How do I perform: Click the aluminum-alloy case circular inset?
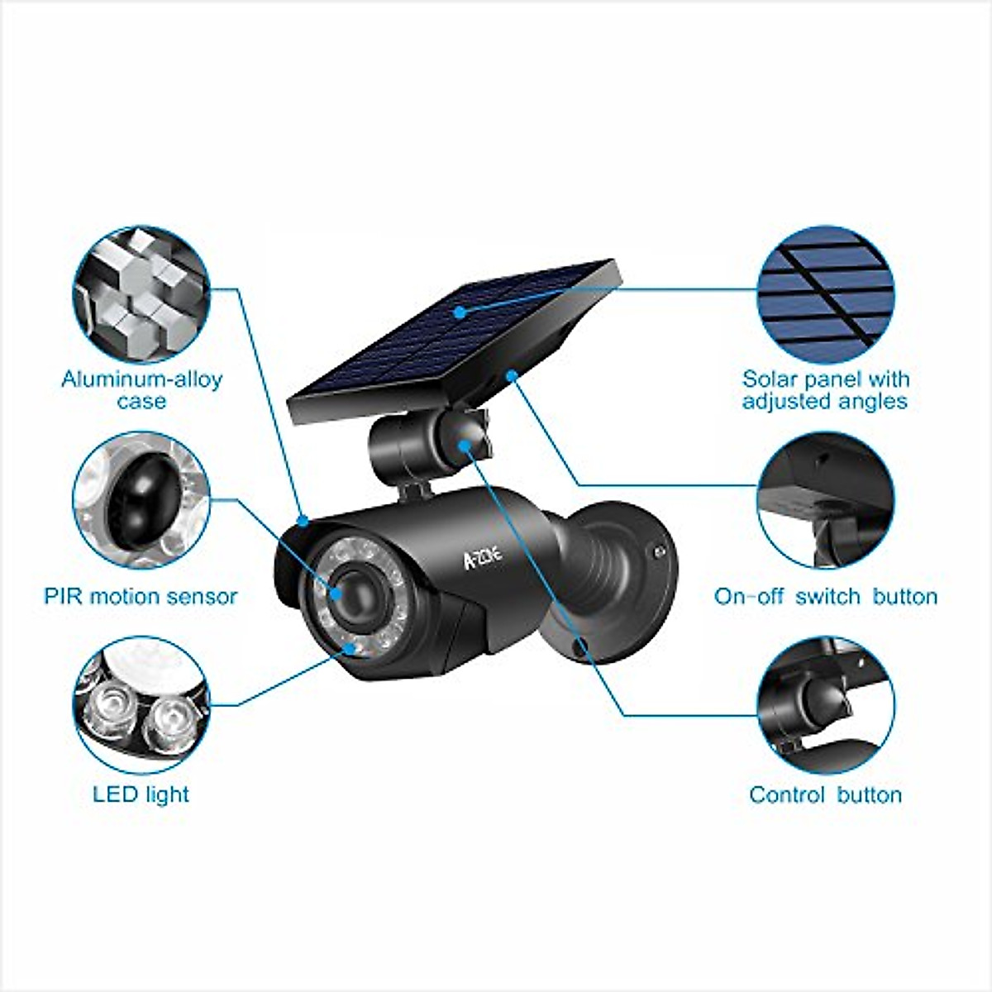click(x=141, y=289)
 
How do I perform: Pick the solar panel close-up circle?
click(x=826, y=289)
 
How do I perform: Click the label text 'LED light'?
click(x=141, y=794)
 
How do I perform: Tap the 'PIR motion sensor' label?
click(x=141, y=596)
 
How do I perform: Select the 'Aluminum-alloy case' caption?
click(x=141, y=390)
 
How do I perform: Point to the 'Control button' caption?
click(x=825, y=795)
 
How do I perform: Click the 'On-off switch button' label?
click(x=826, y=597)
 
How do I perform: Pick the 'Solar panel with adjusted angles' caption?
click(x=826, y=390)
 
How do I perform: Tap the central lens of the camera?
click(x=351, y=589)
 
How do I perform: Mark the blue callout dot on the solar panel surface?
click(x=459, y=312)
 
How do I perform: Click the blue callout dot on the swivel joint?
click(x=468, y=446)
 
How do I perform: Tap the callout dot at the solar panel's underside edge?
click(x=512, y=376)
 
